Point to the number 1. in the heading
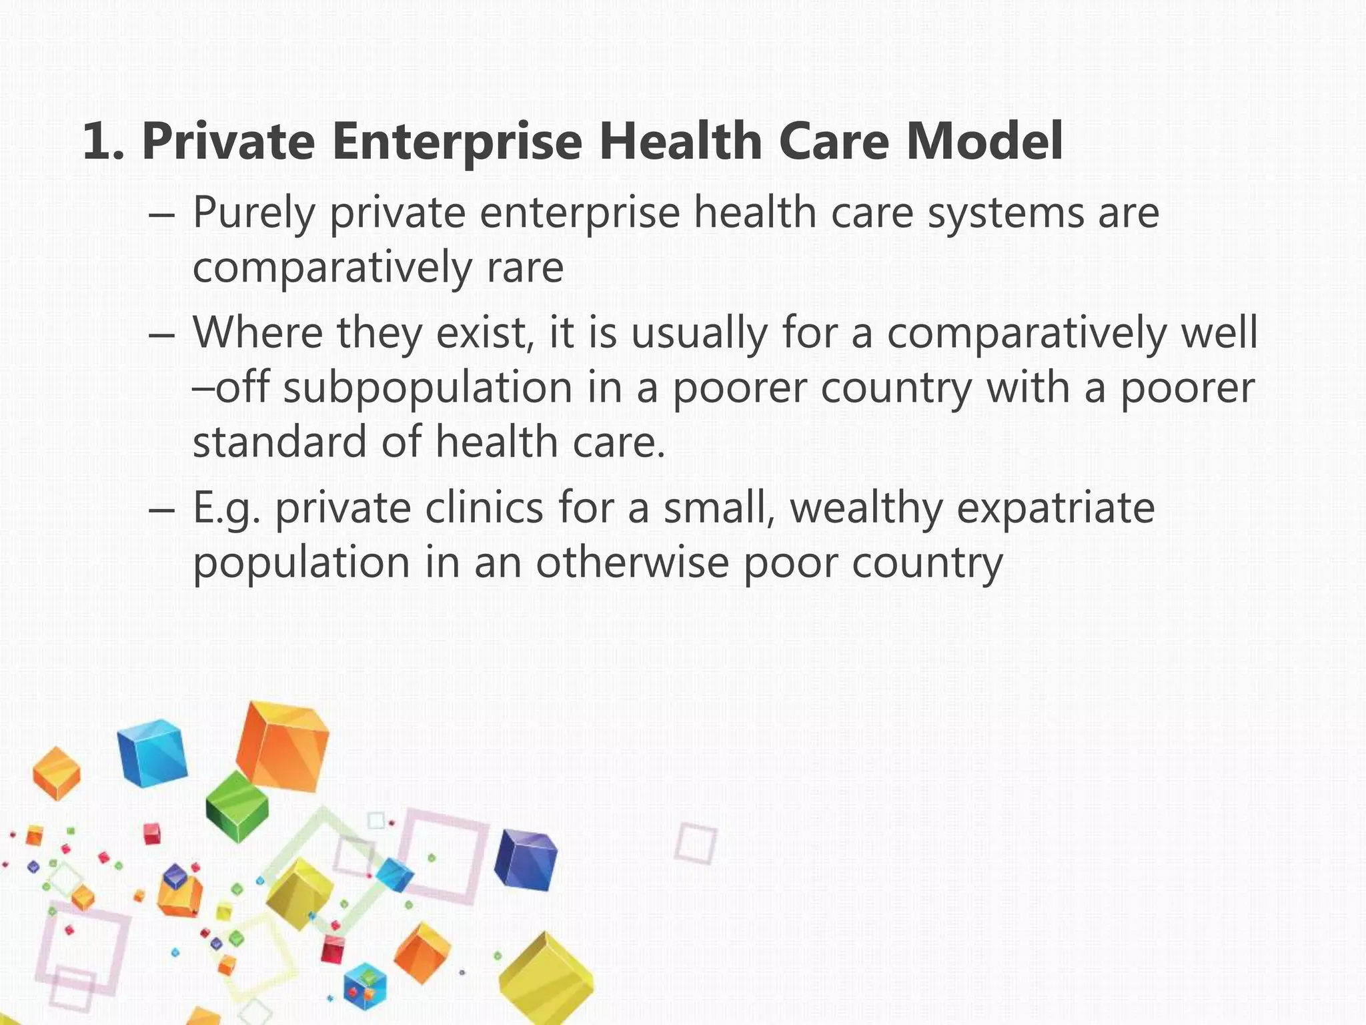103,142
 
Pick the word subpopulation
428,388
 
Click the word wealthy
866,508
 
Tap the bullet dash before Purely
162,216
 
